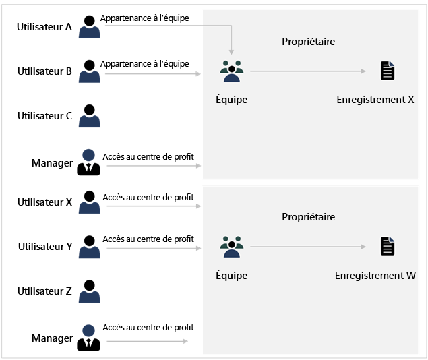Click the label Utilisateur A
tap(44, 26)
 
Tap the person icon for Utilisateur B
tap(89, 71)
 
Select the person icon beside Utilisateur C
tap(89, 115)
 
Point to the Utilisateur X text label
tap(44, 202)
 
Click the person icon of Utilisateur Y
tap(89, 246)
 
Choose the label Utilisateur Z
tap(44, 291)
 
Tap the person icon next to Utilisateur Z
tap(89, 291)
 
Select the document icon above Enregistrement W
tap(387, 246)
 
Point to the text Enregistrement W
tap(375, 276)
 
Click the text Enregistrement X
tap(375, 100)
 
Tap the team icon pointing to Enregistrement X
tap(231, 71)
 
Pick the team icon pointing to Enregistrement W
tap(231, 247)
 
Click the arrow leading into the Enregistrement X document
tap(310, 71)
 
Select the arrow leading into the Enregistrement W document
tap(310, 247)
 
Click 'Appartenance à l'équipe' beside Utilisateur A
tap(144, 18)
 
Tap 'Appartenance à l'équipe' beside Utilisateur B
tap(144, 63)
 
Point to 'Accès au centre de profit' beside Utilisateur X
tap(148, 198)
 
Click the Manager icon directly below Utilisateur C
tap(89, 162)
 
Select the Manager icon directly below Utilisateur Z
tap(89, 338)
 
